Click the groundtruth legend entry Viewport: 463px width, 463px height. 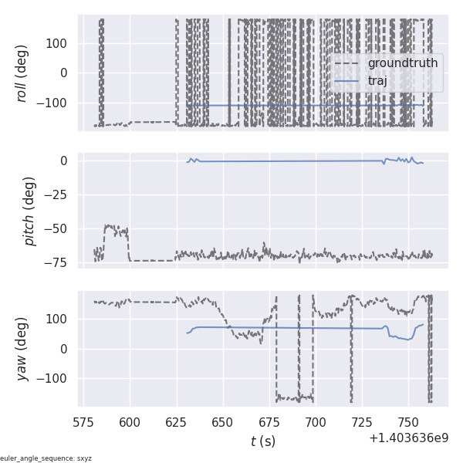[x=402, y=63]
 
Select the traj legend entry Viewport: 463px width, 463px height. [x=384, y=80]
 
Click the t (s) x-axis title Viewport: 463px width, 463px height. [x=262, y=441]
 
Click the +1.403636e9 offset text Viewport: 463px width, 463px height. [x=408, y=438]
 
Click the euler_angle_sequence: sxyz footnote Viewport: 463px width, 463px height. [x=46, y=458]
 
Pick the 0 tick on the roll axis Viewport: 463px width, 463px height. [x=66, y=73]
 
